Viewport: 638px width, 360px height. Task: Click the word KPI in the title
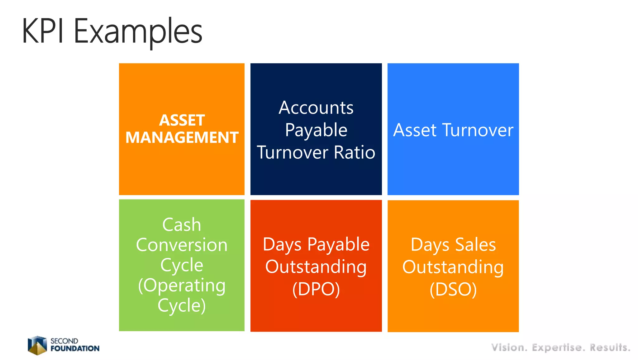point(43,31)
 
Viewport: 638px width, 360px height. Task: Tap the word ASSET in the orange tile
point(182,120)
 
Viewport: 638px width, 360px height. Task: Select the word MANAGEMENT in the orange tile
point(182,137)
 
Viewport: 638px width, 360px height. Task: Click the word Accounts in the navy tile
point(316,108)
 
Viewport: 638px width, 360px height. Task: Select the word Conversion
point(182,245)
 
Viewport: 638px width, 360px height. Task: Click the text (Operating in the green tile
point(182,286)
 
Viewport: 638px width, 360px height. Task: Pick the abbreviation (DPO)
point(316,289)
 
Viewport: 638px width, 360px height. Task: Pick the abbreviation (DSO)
point(453,289)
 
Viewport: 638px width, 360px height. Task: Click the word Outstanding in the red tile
point(316,267)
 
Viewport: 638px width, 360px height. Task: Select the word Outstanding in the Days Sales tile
point(453,267)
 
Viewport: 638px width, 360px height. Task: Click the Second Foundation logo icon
point(37,345)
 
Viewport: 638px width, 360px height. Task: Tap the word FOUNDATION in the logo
point(75,348)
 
